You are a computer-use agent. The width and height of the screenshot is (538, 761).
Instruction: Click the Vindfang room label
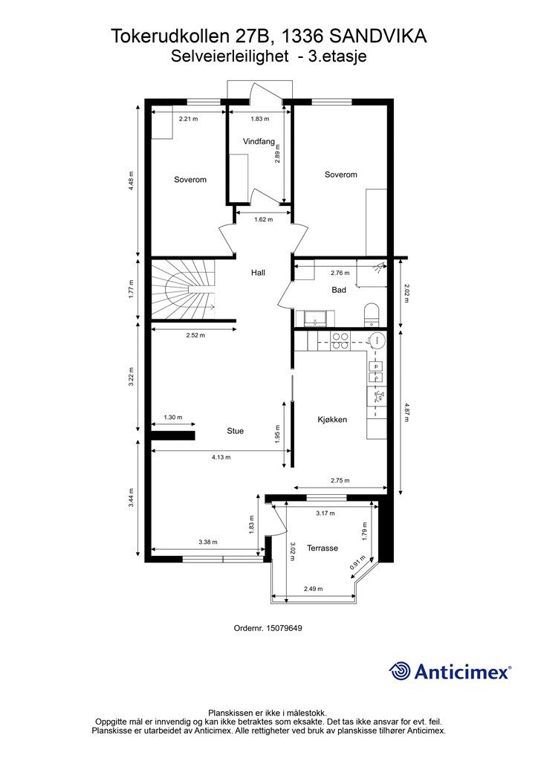[x=259, y=142]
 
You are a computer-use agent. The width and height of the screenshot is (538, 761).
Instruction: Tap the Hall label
[x=258, y=273]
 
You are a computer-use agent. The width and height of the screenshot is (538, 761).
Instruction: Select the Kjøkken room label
[x=332, y=419]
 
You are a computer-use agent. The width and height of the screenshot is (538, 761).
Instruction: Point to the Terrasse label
[x=323, y=548]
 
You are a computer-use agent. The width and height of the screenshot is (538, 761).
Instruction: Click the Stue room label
[x=236, y=431]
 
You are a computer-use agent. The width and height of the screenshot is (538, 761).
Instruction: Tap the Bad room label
[x=339, y=290]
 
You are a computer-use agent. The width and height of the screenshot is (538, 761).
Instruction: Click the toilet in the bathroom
[x=372, y=314]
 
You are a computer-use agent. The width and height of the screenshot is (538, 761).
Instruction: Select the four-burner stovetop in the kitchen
[x=340, y=340]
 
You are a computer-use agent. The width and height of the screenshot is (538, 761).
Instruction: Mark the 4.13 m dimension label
[x=221, y=457]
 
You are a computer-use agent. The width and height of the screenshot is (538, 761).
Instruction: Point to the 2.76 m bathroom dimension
[x=340, y=273]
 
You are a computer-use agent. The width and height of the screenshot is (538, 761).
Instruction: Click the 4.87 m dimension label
[x=406, y=412]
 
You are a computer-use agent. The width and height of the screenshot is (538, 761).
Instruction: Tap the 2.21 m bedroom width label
[x=188, y=118]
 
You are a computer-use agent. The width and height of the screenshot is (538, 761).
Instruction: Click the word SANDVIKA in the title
[x=378, y=36]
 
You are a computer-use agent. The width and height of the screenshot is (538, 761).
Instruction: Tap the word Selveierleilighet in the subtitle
[x=230, y=56]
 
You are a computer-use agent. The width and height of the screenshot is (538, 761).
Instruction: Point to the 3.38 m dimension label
[x=207, y=542]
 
